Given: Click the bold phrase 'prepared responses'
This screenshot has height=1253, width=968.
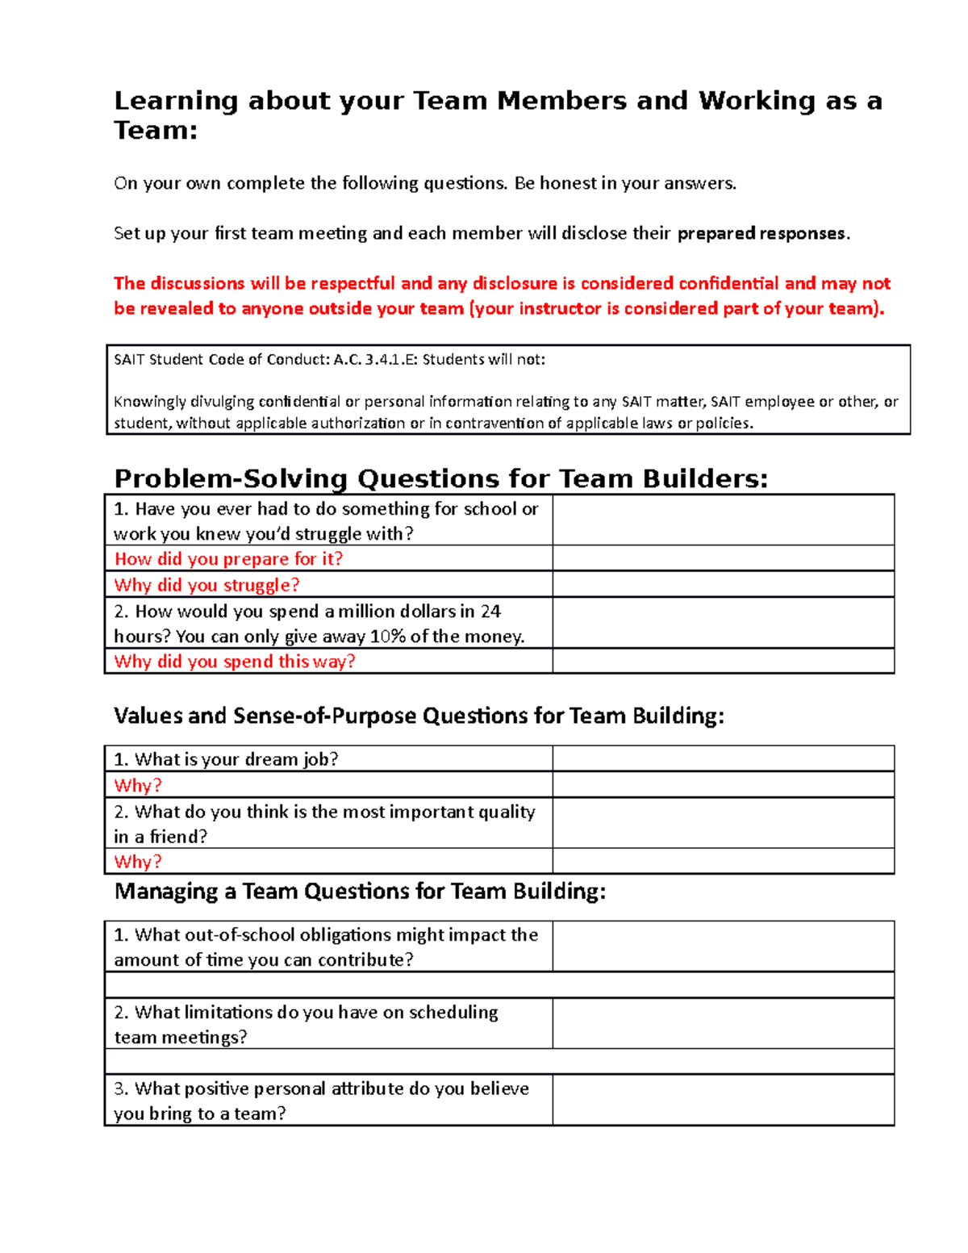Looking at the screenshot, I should (x=761, y=233).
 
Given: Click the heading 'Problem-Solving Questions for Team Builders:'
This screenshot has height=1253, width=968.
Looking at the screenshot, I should (x=440, y=478).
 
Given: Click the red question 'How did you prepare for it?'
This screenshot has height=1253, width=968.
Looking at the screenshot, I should (x=228, y=559).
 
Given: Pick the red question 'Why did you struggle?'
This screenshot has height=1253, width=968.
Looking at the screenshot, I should (x=207, y=585).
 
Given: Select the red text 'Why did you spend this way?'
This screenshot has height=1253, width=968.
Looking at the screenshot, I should (x=235, y=662).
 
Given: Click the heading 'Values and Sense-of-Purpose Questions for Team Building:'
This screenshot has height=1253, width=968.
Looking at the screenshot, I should (x=419, y=716).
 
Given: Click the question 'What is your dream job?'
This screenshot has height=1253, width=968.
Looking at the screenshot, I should (x=226, y=759).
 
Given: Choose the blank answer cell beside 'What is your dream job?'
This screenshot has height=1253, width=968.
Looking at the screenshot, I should (x=723, y=759).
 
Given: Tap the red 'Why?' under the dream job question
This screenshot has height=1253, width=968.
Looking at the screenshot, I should (x=138, y=785).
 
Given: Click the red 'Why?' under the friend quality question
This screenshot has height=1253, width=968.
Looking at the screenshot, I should (x=138, y=862).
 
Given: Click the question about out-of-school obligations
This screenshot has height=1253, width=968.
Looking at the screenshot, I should (x=326, y=946).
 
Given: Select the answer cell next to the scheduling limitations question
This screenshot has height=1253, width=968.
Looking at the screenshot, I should (x=723, y=1024).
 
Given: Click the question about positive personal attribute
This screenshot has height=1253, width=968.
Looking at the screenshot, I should (x=321, y=1101).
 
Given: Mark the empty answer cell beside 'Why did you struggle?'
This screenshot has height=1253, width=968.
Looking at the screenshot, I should (x=723, y=585).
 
